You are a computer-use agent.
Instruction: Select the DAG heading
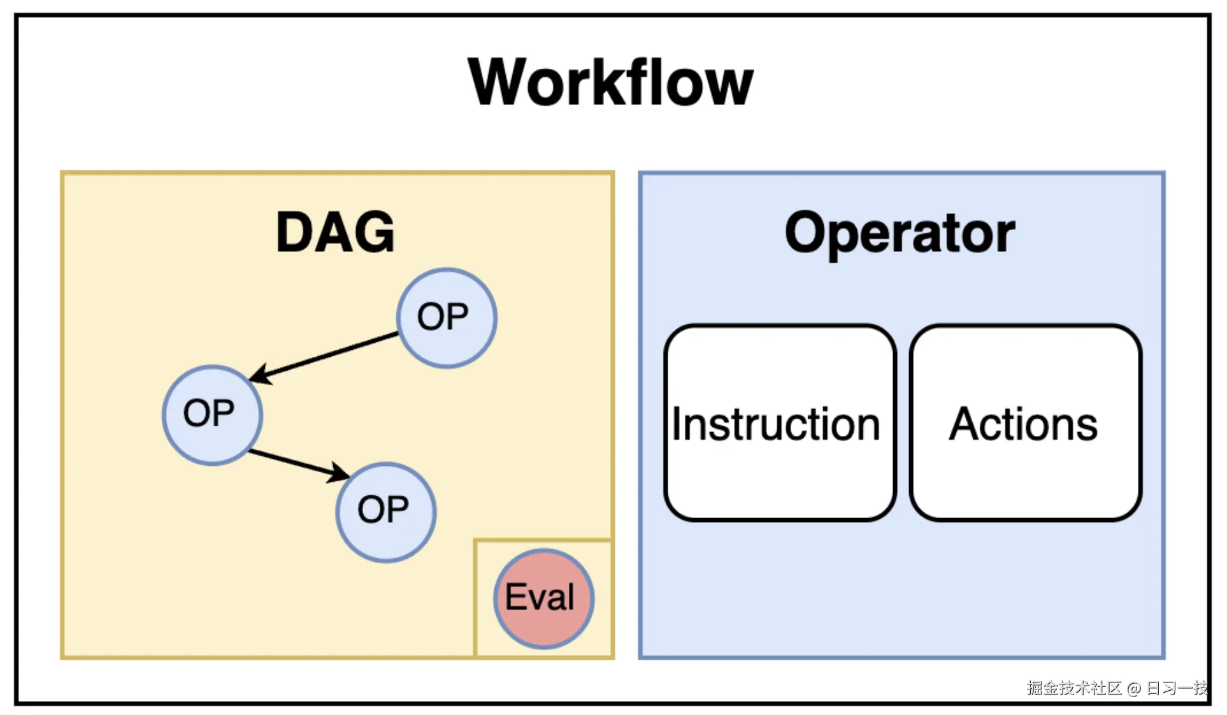(335, 233)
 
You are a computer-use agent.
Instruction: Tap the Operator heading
(900, 233)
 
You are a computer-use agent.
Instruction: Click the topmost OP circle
(447, 317)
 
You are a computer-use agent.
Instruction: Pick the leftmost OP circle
(212, 414)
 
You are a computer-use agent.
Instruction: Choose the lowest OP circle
(385, 512)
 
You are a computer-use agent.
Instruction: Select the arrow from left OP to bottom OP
(293, 463)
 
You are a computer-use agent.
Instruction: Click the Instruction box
(779, 423)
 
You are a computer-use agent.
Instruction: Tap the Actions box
(1024, 423)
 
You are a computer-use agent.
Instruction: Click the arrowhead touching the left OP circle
(261, 375)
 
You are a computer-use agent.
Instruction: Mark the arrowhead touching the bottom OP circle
(338, 473)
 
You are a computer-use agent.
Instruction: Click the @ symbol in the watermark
(1133, 689)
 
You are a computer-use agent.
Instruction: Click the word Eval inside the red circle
(539, 597)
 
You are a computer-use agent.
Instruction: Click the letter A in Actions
(966, 424)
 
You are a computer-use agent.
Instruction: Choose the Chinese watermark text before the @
(1074, 688)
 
